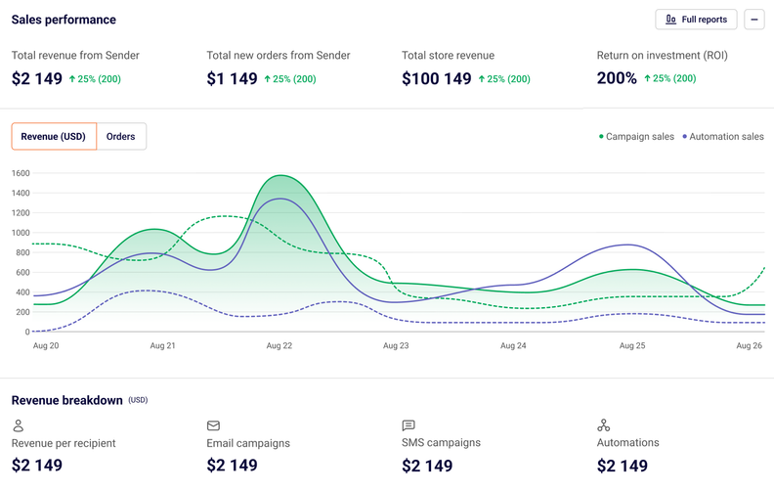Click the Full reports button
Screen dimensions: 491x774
[x=696, y=20]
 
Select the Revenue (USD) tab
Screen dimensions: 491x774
[x=54, y=137]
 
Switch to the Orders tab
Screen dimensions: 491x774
[x=121, y=137]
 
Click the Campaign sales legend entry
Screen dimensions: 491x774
[x=636, y=137]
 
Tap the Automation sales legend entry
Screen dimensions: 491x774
[x=723, y=137]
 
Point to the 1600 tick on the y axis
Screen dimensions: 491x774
[x=21, y=173]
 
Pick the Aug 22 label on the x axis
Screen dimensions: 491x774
[x=279, y=345]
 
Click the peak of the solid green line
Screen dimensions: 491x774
[x=281, y=176]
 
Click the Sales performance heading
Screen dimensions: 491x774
[x=64, y=20]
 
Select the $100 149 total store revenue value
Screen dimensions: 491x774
[x=437, y=78]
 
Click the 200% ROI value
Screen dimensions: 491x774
[x=617, y=78]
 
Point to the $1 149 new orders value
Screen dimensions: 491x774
[x=232, y=78]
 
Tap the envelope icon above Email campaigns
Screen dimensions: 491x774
[x=213, y=425]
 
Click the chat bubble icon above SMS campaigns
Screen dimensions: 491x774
[x=408, y=425]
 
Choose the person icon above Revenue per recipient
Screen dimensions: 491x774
[x=18, y=425]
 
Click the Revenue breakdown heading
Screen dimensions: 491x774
[x=67, y=400]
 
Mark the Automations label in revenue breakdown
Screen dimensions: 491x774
[x=627, y=443]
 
